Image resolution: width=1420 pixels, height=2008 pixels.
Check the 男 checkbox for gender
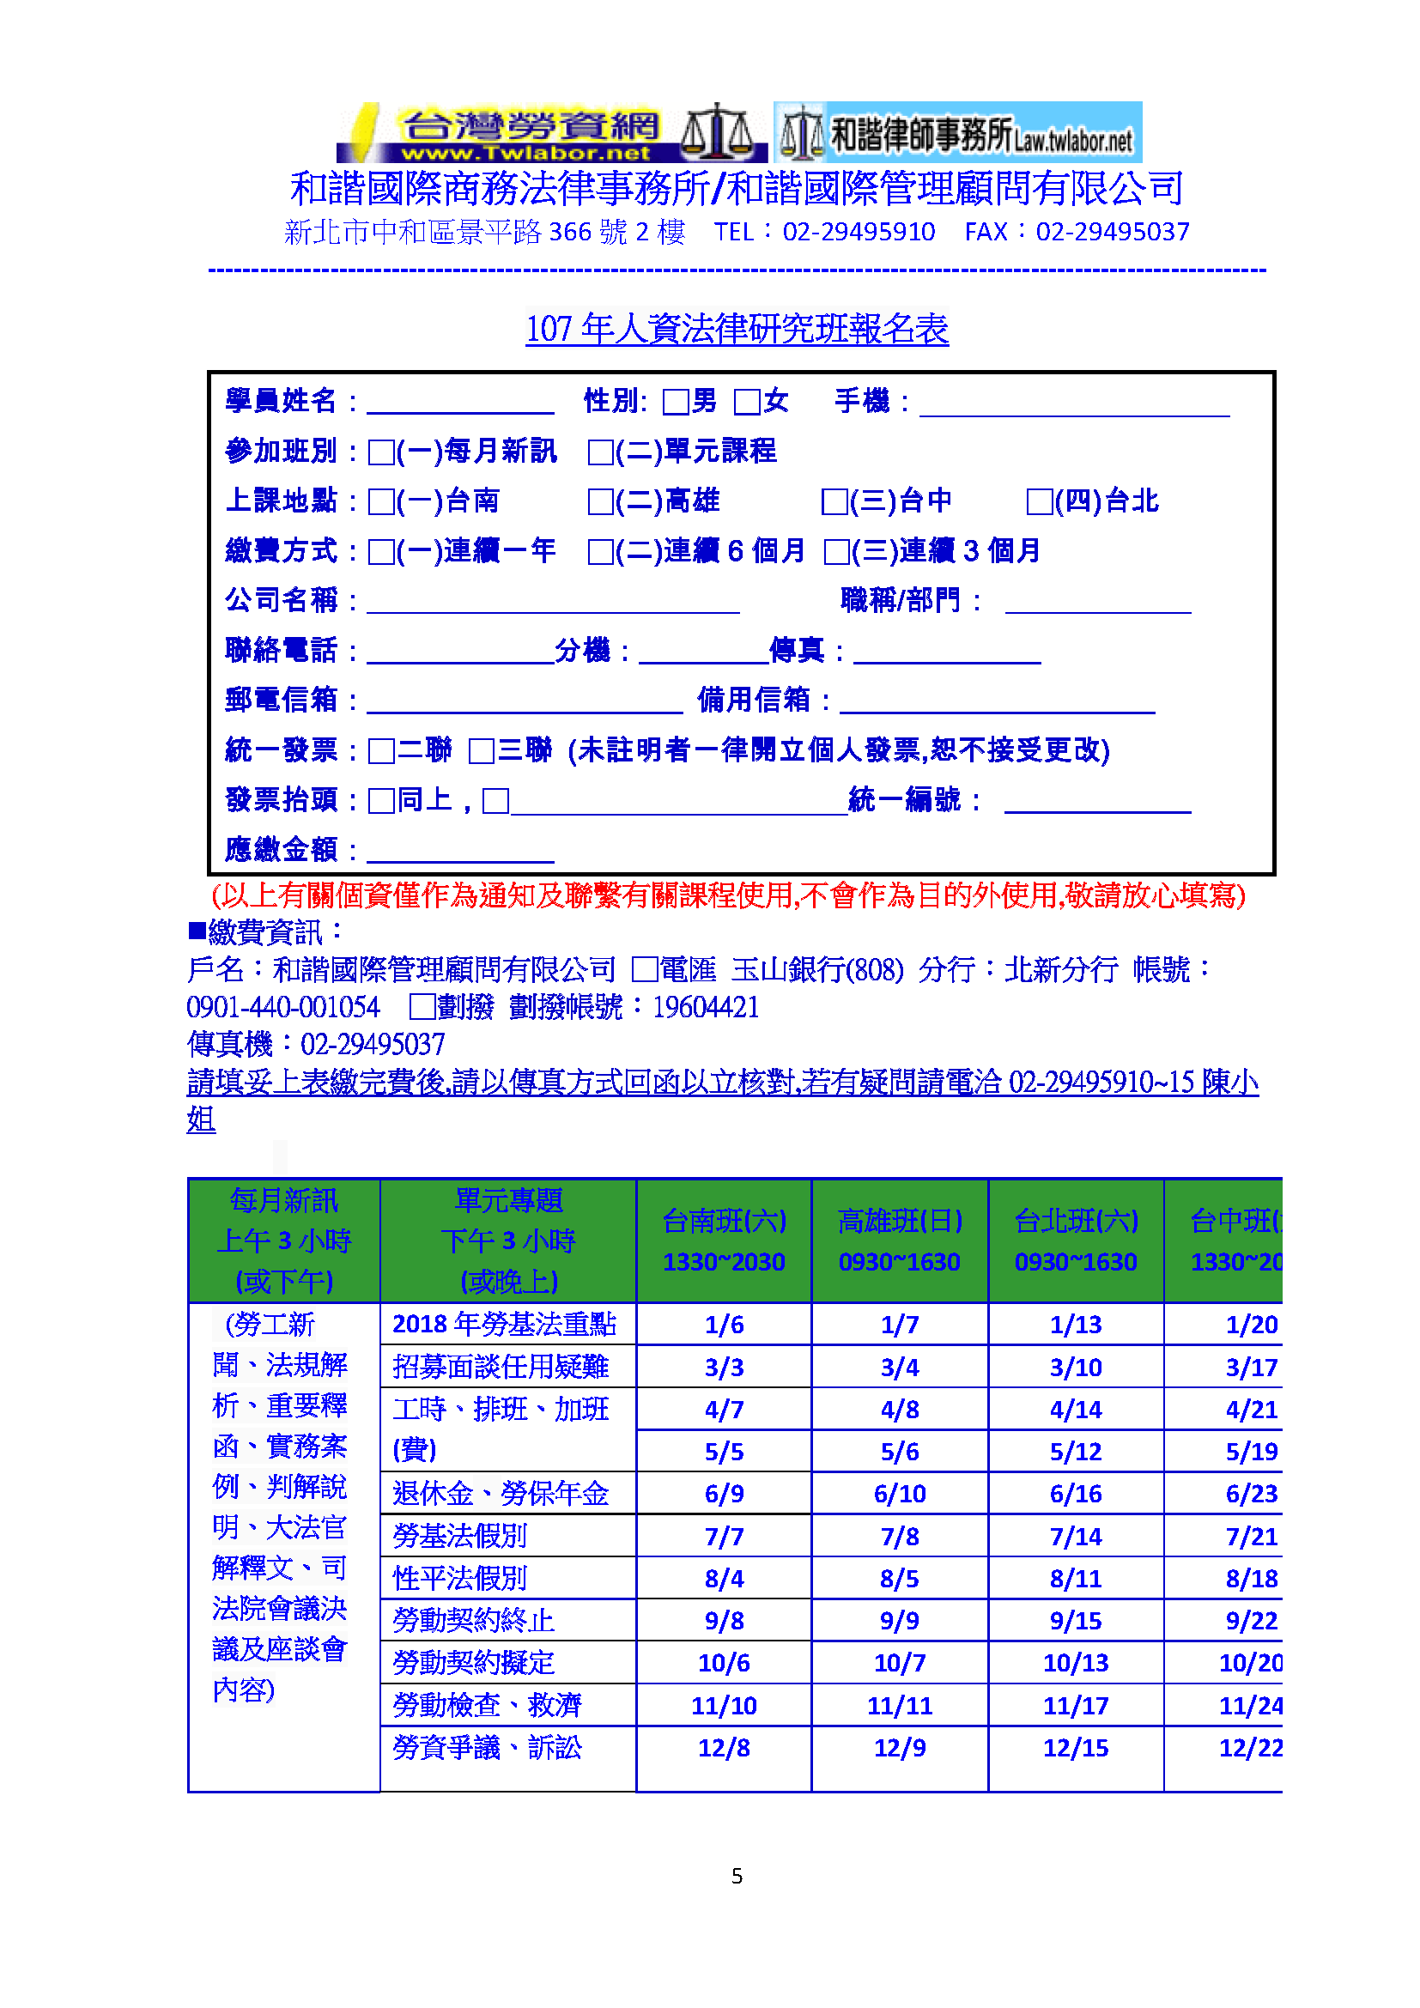(675, 403)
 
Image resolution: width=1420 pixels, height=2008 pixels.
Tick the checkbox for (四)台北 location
(1039, 502)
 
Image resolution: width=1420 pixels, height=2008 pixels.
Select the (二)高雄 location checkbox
(601, 502)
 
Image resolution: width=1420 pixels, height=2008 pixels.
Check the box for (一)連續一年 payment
(381, 552)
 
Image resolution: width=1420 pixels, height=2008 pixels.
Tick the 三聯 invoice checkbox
(482, 751)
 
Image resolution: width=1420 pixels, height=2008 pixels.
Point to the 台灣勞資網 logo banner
(551, 133)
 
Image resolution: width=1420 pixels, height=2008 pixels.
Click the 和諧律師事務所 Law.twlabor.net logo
(957, 133)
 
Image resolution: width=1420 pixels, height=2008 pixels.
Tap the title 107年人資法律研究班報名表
(737, 330)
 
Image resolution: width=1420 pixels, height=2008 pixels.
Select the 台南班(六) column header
(724, 1241)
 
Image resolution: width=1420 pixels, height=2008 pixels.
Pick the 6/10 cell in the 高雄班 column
(900, 1494)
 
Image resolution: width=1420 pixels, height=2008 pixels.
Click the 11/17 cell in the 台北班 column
(1076, 1706)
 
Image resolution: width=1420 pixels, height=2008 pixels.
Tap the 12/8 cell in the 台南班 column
(724, 1748)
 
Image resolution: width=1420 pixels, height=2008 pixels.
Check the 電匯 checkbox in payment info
(646, 970)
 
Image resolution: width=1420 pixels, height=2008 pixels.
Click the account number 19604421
(706, 1008)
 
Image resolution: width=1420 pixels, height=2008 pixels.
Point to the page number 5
(737, 1876)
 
